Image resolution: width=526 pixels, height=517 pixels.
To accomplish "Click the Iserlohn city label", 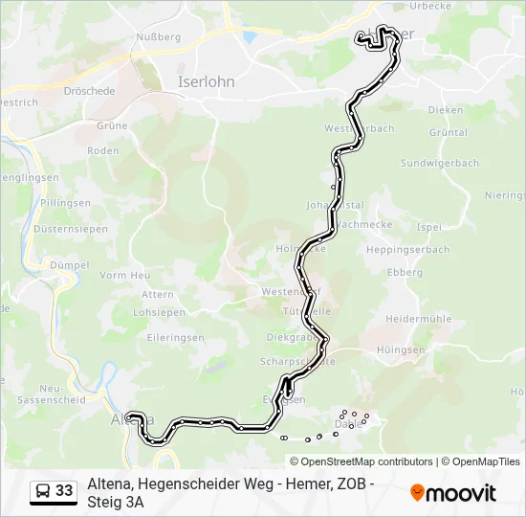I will tap(206, 82).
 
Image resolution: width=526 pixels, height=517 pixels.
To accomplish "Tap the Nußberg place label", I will tap(158, 36).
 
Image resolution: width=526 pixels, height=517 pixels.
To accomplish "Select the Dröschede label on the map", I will tap(89, 92).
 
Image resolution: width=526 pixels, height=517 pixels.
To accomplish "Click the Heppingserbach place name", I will tap(407, 250).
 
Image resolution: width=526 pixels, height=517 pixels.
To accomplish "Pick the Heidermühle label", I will tap(417, 318).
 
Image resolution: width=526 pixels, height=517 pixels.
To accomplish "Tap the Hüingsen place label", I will tap(401, 350).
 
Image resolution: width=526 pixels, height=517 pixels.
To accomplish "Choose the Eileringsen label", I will tap(160, 337).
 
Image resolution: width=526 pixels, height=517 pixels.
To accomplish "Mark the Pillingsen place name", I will tap(66, 203).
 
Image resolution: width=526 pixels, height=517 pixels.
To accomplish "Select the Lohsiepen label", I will tap(159, 312).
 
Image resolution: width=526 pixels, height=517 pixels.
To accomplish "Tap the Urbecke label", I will tap(429, 6).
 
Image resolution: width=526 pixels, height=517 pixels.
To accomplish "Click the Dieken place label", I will tap(445, 110).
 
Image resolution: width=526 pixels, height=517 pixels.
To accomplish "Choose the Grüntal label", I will tap(449, 133).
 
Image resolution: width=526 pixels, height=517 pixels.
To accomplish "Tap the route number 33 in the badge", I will tap(64, 491).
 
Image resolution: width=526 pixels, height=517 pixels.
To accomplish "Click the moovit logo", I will tap(453, 493).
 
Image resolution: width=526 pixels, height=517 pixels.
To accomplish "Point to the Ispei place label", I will tap(429, 228).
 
